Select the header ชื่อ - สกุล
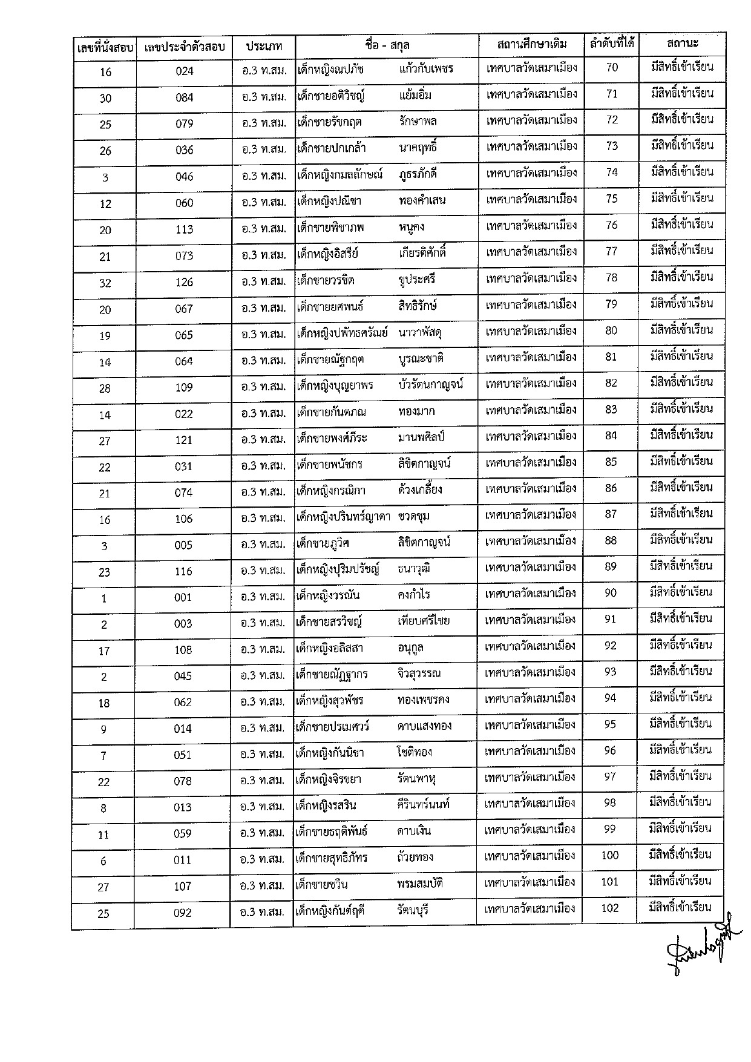tap(387, 45)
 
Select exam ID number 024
tap(185, 71)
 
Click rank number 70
tap(612, 67)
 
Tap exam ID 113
tap(185, 229)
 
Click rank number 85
tap(611, 462)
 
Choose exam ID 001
tap(183, 597)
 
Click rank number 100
tap(610, 855)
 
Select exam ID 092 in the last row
tap(183, 913)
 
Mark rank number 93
tap(611, 672)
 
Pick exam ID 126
tap(184, 282)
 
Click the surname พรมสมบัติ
tap(421, 883)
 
